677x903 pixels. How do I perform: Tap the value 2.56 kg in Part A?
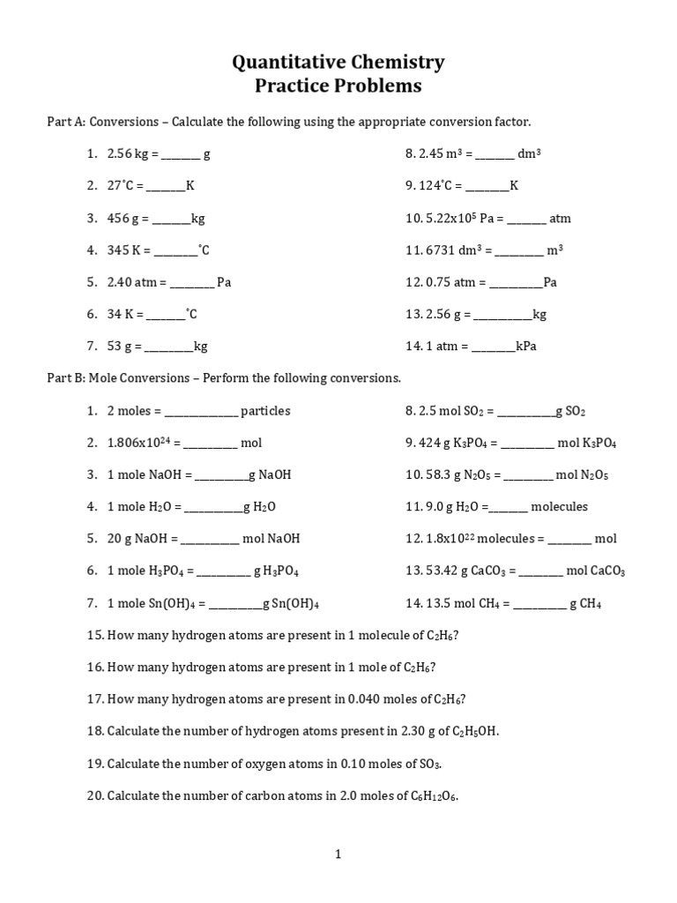(x=129, y=153)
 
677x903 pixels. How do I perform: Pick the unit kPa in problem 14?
(x=526, y=346)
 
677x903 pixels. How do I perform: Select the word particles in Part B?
(x=265, y=410)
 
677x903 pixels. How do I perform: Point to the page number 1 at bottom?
(x=338, y=853)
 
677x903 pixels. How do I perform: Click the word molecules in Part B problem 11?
(x=559, y=506)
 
